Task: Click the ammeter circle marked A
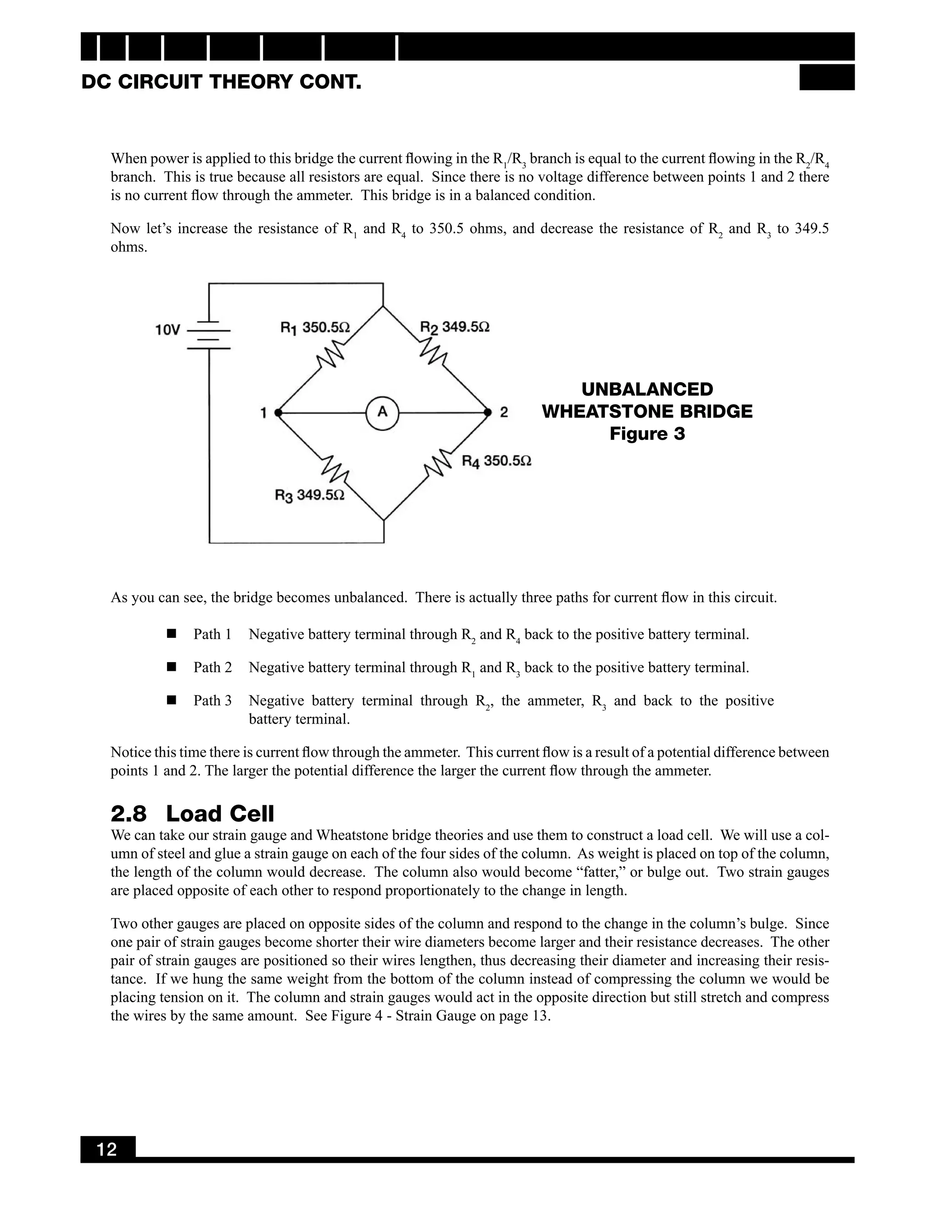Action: tap(383, 413)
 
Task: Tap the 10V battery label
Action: tap(168, 330)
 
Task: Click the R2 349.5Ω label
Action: tap(454, 327)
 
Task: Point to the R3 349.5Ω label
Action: tap(310, 495)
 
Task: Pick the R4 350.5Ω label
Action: tap(496, 461)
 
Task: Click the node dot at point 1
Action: tap(278, 413)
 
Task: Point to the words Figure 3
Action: tap(647, 434)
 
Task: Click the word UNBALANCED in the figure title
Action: tap(647, 389)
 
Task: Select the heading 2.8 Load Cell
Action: tap(192, 814)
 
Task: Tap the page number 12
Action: tap(107, 1149)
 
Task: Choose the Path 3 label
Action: tap(212, 700)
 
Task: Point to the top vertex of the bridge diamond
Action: tap(383, 306)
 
